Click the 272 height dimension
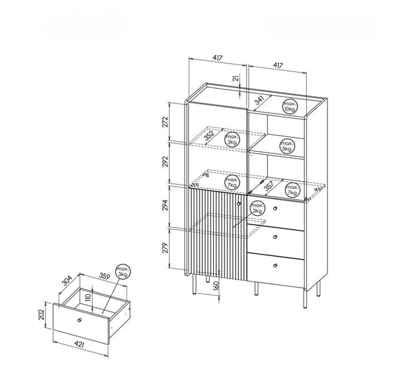(x=165, y=122)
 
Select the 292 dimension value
(x=165, y=162)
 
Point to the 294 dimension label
(x=165, y=205)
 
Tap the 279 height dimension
(x=165, y=248)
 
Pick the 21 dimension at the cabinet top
(x=236, y=78)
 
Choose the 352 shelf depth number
(x=209, y=135)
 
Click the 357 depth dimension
(x=269, y=186)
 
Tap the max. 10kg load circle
(x=290, y=106)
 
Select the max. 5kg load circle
(x=287, y=146)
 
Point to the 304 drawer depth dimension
(x=67, y=280)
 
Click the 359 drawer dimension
(x=104, y=277)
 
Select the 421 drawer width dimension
(x=79, y=345)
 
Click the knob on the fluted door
(x=239, y=204)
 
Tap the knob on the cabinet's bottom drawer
(x=275, y=265)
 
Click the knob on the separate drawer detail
(x=79, y=320)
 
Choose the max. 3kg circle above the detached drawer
(x=123, y=272)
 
